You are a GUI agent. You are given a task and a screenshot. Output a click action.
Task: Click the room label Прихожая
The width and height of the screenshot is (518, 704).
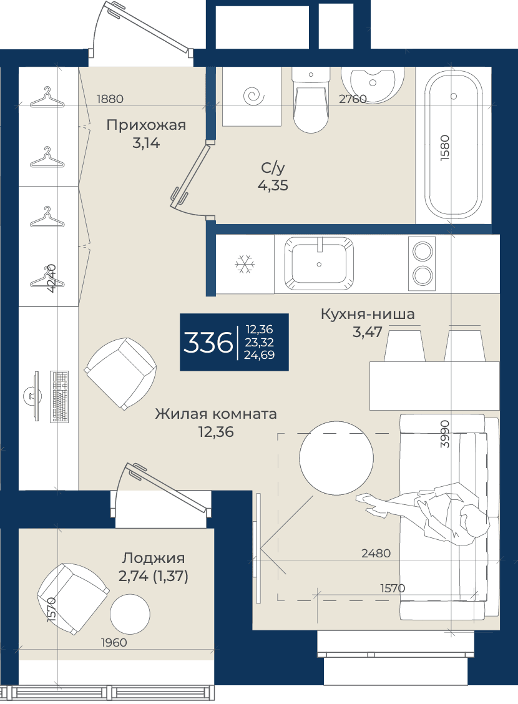coord(146,125)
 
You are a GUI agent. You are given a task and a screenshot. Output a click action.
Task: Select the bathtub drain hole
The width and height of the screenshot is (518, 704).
coord(453,96)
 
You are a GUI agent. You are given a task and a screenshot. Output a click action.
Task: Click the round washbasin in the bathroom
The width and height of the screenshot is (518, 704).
coord(372,84)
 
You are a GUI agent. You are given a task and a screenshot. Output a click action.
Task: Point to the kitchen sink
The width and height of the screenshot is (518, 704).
coord(319,264)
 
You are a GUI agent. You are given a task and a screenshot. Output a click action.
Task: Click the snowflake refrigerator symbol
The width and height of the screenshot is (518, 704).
coord(245,264)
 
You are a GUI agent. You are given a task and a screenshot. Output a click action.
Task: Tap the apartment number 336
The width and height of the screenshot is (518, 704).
coord(208,343)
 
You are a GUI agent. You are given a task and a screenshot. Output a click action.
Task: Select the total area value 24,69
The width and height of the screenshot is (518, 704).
coord(259,354)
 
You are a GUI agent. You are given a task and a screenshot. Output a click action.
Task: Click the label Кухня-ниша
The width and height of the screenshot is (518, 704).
coord(367,314)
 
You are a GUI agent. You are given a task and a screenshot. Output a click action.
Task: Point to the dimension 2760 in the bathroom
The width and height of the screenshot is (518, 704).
coord(353,99)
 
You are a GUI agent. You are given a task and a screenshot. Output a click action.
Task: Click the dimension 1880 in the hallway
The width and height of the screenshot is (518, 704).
coord(110,99)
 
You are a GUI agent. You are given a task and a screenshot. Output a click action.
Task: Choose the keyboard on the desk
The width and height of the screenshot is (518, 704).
coord(59,396)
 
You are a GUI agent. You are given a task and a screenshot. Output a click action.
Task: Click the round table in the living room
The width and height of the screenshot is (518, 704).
coord(336,458)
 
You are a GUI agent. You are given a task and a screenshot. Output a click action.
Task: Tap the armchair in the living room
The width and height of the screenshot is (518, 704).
coord(120,373)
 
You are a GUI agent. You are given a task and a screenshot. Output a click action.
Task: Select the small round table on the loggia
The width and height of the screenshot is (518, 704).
coord(130,614)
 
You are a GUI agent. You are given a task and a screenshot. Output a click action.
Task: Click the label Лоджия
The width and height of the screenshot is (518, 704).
coord(154,558)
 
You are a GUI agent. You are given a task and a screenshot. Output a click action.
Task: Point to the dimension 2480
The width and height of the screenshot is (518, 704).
coord(376,553)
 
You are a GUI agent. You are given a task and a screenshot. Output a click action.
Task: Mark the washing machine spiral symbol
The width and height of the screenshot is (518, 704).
coord(253,95)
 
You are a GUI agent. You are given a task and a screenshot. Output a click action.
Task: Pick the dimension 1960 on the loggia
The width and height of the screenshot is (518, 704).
coord(114,642)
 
